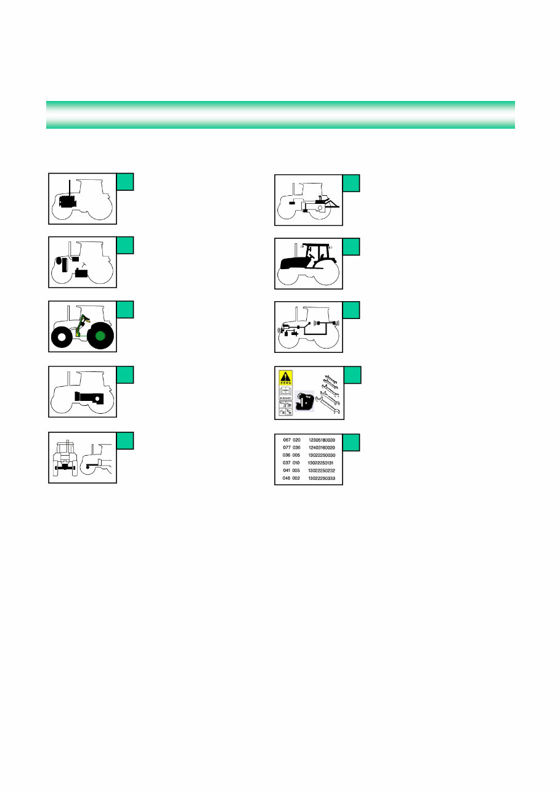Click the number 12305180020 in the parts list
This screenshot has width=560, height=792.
[x=322, y=440]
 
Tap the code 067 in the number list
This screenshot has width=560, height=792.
[x=286, y=440]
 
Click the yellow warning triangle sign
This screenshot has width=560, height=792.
[x=286, y=377]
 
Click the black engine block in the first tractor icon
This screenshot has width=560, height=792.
[x=68, y=201]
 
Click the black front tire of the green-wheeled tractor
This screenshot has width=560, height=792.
[x=61, y=339]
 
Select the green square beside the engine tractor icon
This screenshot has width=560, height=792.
[x=125, y=181]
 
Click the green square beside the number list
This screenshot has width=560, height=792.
[x=351, y=442]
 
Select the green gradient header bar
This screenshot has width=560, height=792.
[x=280, y=115]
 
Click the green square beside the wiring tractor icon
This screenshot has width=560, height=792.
[x=351, y=310]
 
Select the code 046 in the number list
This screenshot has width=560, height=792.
[x=286, y=478]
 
